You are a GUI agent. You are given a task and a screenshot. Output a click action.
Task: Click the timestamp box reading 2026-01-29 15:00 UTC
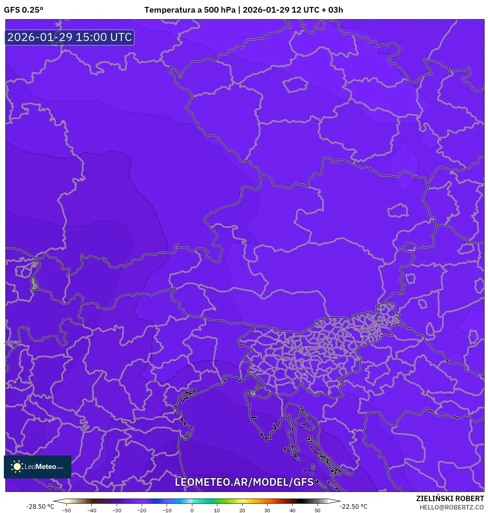point(69,37)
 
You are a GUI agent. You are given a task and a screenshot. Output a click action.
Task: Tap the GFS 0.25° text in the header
point(24,10)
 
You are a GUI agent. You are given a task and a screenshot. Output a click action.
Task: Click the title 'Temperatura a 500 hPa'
point(190,10)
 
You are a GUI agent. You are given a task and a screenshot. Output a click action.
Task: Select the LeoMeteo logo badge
point(38,467)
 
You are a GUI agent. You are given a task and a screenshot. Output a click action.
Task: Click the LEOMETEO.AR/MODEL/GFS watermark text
point(244,482)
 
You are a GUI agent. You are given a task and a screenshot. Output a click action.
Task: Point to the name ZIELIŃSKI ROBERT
point(450,498)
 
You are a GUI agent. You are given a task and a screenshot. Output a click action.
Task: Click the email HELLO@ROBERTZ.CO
point(452,507)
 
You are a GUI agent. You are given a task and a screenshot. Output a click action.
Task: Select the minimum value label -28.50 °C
point(40,506)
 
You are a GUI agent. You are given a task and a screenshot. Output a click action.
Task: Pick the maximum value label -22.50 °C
point(353,506)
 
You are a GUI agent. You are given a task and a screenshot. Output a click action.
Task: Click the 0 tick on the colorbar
point(192,510)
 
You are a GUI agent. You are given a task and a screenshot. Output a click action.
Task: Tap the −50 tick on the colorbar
point(66,510)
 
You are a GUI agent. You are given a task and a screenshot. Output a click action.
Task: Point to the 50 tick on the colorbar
point(317,510)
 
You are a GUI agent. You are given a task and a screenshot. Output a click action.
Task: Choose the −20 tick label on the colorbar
point(141,510)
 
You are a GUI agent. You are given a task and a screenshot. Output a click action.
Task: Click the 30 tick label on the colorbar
point(267,510)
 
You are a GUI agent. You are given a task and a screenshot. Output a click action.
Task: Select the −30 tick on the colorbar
point(116,510)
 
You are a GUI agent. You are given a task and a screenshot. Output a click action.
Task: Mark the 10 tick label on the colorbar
point(217,510)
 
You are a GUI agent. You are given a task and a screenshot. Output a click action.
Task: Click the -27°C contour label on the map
point(13,343)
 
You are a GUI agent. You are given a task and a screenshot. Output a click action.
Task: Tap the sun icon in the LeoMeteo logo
point(17,467)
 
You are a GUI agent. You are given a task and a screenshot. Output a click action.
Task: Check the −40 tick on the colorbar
point(91,510)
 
